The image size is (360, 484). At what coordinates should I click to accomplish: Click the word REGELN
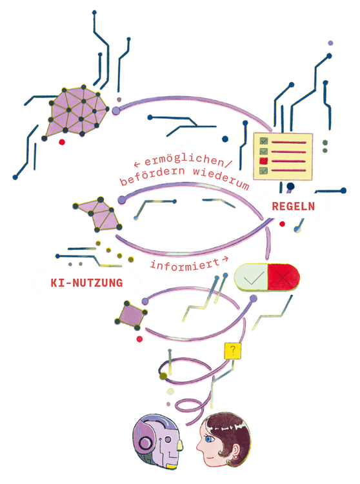pyautogui.click(x=293, y=207)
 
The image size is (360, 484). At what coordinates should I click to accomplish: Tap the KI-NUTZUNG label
pyautogui.click(x=86, y=283)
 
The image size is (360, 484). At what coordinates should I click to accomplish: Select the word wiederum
pyautogui.click(x=221, y=178)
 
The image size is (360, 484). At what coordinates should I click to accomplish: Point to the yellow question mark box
pyautogui.click(x=233, y=351)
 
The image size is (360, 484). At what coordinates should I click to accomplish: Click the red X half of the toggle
pyautogui.click(x=283, y=277)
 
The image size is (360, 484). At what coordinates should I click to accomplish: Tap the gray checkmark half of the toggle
pyautogui.click(x=251, y=277)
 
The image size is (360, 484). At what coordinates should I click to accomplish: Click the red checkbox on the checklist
pyautogui.click(x=263, y=161)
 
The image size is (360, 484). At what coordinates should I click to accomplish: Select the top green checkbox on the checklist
pyautogui.click(x=263, y=141)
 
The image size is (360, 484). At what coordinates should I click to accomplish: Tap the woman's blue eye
pyautogui.click(x=208, y=439)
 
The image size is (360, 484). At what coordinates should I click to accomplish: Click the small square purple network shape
pyautogui.click(x=131, y=315)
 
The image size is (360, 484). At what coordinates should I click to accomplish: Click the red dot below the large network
pyautogui.click(x=62, y=142)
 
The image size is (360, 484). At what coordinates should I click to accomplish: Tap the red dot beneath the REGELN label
pyautogui.click(x=282, y=224)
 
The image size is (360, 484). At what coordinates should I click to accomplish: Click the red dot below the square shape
pyautogui.click(x=139, y=339)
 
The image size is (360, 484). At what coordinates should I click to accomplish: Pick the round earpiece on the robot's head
pyautogui.click(x=145, y=443)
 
